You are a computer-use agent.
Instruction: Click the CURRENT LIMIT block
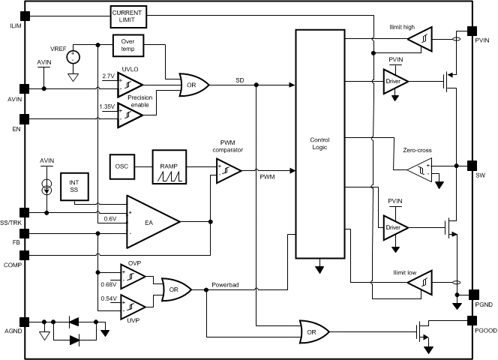click(x=129, y=16)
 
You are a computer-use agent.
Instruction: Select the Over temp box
click(x=128, y=46)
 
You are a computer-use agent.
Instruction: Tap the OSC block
click(x=122, y=166)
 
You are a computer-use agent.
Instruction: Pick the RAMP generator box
click(x=169, y=166)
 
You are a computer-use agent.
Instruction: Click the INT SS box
click(x=74, y=187)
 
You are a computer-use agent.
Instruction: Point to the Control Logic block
click(x=320, y=144)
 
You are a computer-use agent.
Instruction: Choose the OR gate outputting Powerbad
click(x=176, y=289)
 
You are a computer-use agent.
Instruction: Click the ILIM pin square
click(x=25, y=16)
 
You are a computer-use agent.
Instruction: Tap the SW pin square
click(x=472, y=166)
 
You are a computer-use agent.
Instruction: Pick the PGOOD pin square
click(x=472, y=320)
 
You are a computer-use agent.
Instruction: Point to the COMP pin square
click(x=25, y=255)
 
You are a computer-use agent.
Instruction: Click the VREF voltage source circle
click(x=73, y=58)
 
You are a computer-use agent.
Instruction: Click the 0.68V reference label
click(x=109, y=284)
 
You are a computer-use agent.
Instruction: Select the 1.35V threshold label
click(x=107, y=106)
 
